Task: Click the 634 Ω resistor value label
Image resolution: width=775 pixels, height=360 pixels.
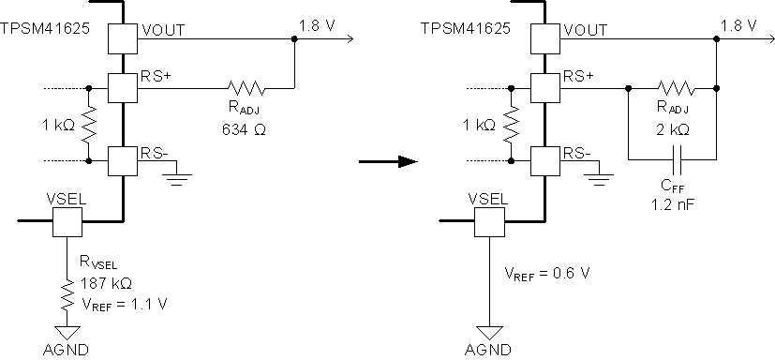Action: [x=246, y=130]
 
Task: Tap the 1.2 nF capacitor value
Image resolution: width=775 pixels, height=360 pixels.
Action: [x=672, y=202]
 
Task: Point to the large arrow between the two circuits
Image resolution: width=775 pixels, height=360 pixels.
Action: [x=387, y=161]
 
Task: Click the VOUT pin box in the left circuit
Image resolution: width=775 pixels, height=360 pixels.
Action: [x=122, y=39]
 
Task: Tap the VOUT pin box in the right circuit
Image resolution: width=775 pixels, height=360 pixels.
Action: [x=545, y=39]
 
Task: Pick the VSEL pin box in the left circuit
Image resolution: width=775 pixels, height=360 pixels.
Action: [x=67, y=221]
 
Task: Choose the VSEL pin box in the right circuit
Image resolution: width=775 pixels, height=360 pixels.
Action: [x=490, y=221]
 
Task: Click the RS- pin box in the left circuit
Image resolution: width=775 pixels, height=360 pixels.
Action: [x=122, y=160]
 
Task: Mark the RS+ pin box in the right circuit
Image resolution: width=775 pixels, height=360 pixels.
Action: [x=545, y=89]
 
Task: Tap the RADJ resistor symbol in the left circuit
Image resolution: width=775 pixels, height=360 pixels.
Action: [x=246, y=89]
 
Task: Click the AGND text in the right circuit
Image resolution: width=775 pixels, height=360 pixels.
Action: [x=488, y=350]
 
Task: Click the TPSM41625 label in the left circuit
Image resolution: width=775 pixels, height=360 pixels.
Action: [x=43, y=28]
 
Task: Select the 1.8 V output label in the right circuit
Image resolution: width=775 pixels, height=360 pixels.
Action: [x=737, y=23]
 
